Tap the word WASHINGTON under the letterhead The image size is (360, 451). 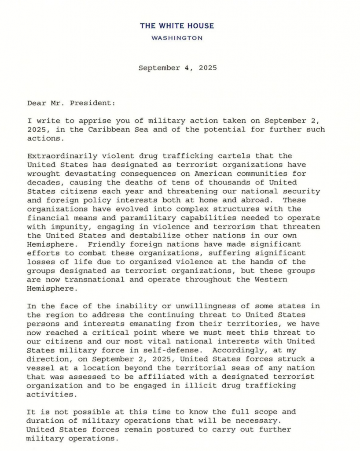click(x=177, y=38)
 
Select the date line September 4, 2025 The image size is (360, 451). click(x=177, y=68)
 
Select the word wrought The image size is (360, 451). click(x=42, y=174)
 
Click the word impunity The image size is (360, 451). click(x=66, y=226)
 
